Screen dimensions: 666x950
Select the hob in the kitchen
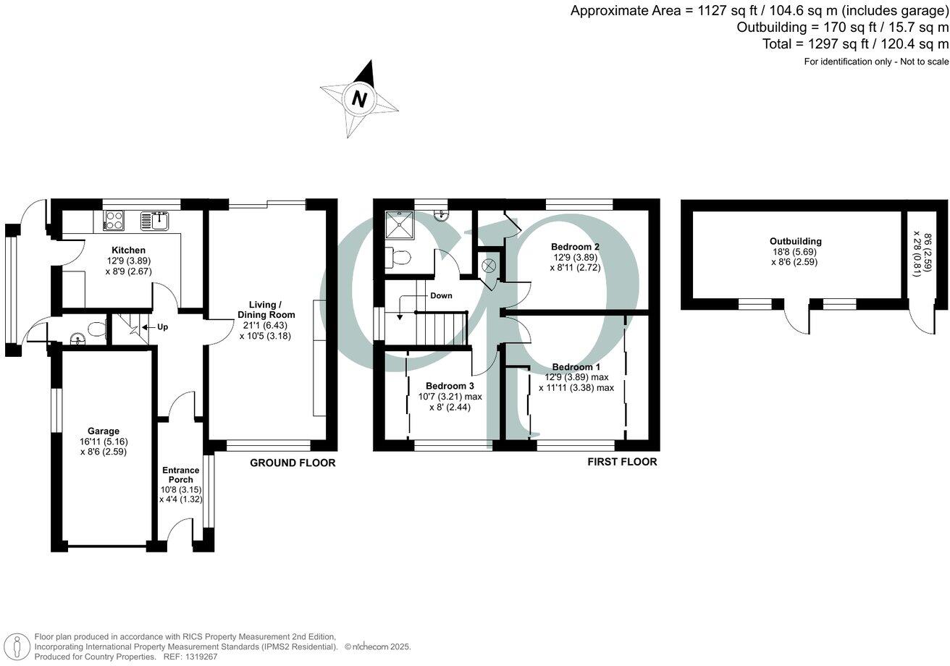(114, 220)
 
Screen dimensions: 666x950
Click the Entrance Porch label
(180, 475)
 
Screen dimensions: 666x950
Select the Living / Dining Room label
(266, 310)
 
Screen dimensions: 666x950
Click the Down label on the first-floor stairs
(441, 295)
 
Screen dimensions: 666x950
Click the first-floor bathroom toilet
(399, 256)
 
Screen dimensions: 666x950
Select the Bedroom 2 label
(575, 246)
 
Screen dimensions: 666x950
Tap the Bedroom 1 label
(576, 367)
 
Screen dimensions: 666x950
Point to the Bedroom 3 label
(450, 385)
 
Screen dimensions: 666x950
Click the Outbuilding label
(795, 241)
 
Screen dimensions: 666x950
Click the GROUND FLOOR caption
(293, 463)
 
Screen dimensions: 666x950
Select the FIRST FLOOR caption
(622, 462)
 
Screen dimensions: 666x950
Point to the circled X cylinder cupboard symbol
(489, 266)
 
